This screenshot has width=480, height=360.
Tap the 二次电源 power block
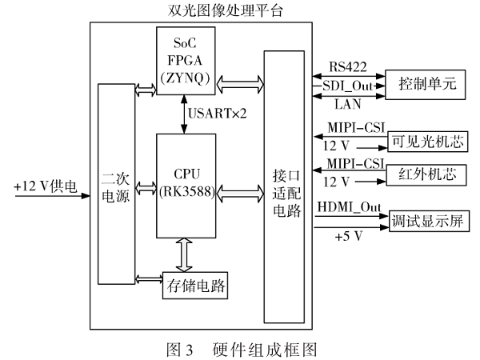pyautogui.click(x=116, y=183)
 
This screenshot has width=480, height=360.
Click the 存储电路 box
pyautogui.click(x=195, y=283)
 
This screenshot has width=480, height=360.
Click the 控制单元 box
pyautogui.click(x=421, y=83)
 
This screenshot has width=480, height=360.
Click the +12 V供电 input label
pyautogui.click(x=46, y=186)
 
